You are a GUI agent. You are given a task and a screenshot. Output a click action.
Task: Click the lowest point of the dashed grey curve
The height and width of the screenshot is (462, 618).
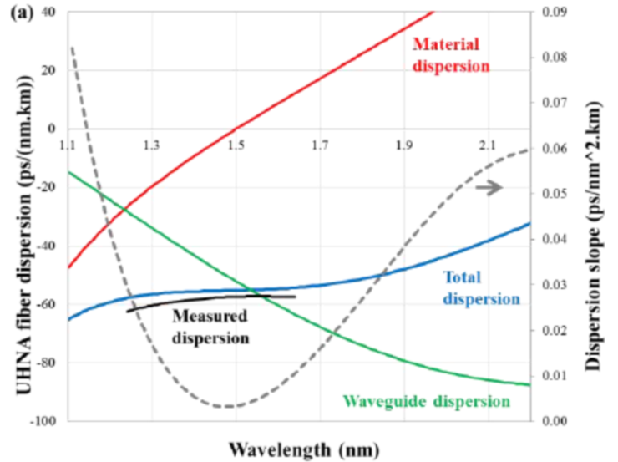(228, 407)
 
